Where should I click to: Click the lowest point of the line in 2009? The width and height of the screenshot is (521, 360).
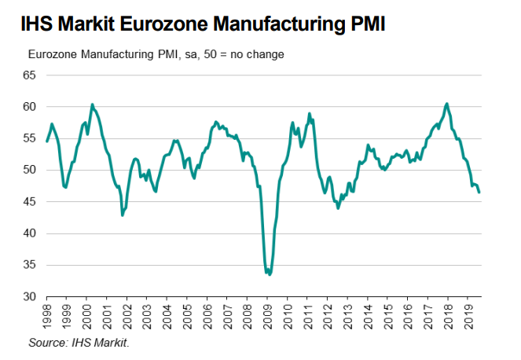(x=270, y=274)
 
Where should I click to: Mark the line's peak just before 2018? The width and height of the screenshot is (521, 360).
(x=446, y=104)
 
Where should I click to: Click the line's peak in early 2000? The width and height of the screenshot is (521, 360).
(x=92, y=104)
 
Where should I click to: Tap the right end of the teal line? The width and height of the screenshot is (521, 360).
(x=479, y=192)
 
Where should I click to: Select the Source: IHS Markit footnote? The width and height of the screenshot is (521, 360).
(x=79, y=343)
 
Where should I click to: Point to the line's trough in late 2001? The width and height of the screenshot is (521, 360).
(x=122, y=215)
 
